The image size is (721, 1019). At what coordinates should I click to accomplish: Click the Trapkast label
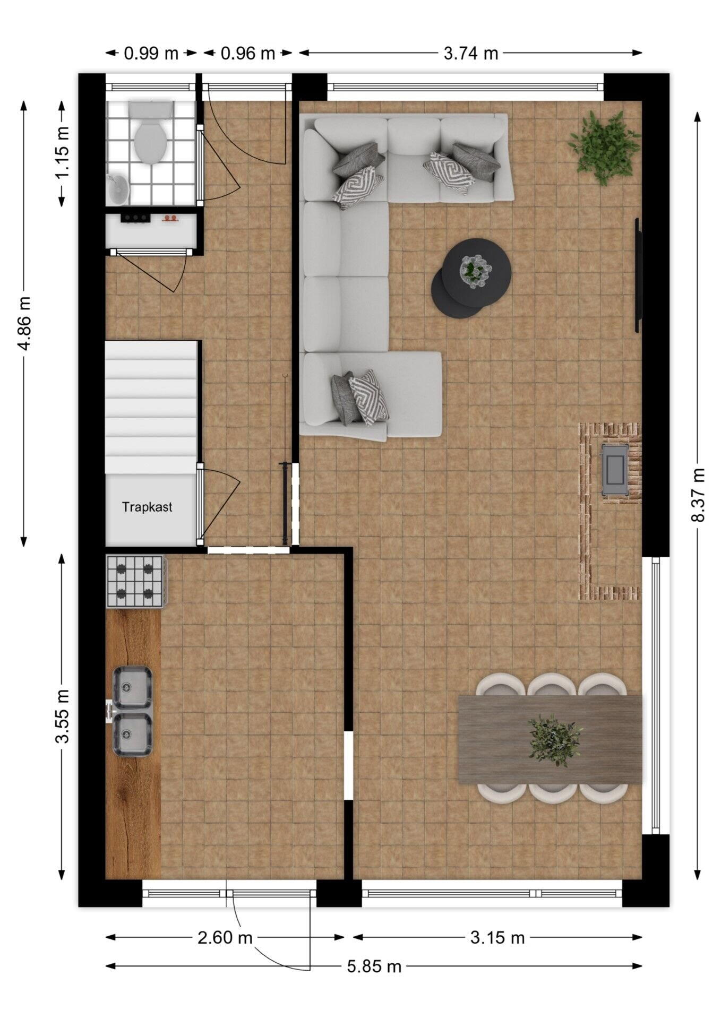coord(147,507)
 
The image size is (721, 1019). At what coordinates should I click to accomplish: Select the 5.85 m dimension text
coord(374,966)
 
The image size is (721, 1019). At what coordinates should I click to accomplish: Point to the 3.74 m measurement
coord(470,53)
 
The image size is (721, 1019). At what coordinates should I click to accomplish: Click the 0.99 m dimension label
coord(151,53)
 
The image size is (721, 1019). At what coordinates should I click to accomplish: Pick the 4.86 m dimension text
coord(24,323)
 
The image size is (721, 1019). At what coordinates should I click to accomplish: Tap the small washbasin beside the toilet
coord(117,189)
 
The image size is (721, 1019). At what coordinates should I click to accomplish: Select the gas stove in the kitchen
coord(136,581)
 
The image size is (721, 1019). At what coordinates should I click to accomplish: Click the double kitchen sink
coord(132,711)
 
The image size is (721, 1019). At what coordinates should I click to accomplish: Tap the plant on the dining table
coord(554,740)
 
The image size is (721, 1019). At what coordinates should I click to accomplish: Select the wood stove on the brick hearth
coord(615,470)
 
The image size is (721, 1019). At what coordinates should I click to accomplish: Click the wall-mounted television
coord(638,275)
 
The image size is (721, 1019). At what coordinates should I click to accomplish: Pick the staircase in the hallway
coord(151,407)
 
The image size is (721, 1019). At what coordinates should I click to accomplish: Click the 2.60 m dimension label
coord(225,937)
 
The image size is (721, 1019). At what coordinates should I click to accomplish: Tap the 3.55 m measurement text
coord(63,716)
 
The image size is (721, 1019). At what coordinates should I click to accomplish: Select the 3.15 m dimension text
coord(497,937)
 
